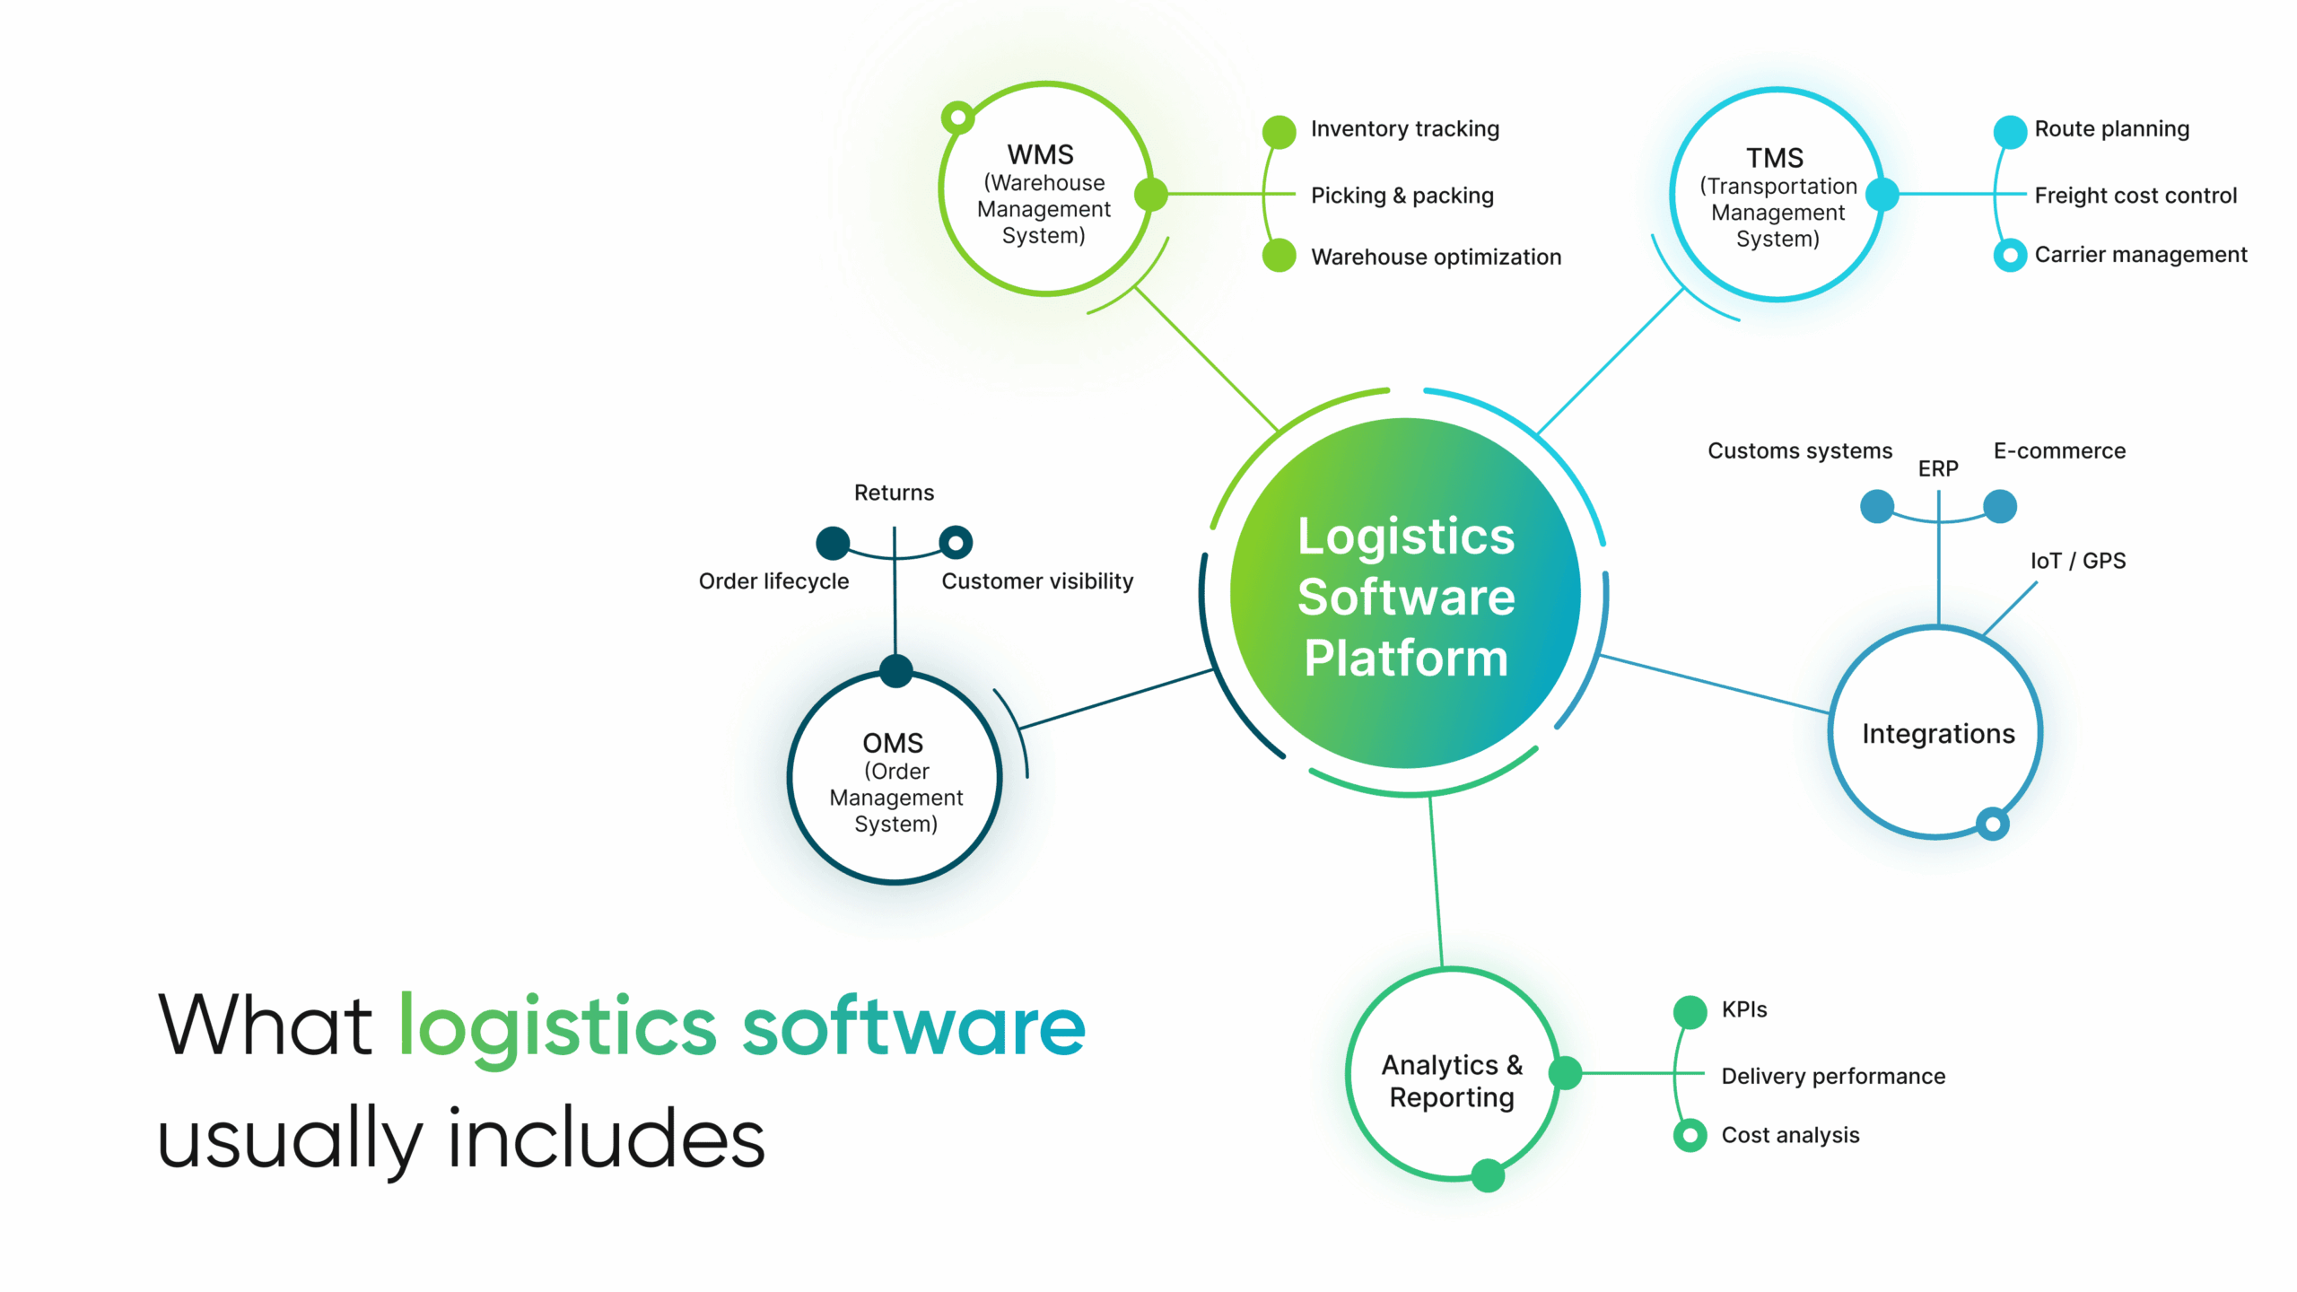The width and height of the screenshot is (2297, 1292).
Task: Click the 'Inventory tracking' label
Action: pos(1404,129)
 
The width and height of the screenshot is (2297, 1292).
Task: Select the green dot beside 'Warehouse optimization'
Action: pos(1279,256)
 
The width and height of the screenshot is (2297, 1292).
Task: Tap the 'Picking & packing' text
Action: pos(1402,196)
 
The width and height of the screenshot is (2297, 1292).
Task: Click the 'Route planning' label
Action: pos(2111,129)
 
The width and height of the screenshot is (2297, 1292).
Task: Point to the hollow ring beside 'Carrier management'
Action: pos(2010,256)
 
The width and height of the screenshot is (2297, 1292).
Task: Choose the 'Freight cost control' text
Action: pos(2135,196)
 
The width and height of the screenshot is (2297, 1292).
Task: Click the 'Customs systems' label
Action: pos(1799,450)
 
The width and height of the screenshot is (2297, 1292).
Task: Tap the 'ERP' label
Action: pos(1937,468)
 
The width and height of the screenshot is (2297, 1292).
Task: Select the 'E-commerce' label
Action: pos(2059,450)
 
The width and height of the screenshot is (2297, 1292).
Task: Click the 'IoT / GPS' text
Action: pos(2077,561)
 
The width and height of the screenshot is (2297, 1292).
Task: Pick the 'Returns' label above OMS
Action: pos(894,493)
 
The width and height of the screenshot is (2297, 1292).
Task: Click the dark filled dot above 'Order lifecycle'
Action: pos(833,542)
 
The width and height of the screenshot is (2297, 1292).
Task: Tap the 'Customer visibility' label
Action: pos(1037,581)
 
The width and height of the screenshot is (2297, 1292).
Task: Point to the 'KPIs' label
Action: pos(1743,1009)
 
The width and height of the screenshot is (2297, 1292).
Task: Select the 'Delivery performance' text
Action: pos(1832,1076)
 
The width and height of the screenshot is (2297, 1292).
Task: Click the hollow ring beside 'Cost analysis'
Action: pos(1690,1135)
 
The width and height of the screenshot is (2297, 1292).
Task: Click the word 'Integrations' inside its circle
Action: pos(1938,734)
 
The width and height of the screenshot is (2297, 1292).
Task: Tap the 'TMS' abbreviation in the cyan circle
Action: pos(1774,158)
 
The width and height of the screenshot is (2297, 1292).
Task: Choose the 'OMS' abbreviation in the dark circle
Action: pos(893,743)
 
